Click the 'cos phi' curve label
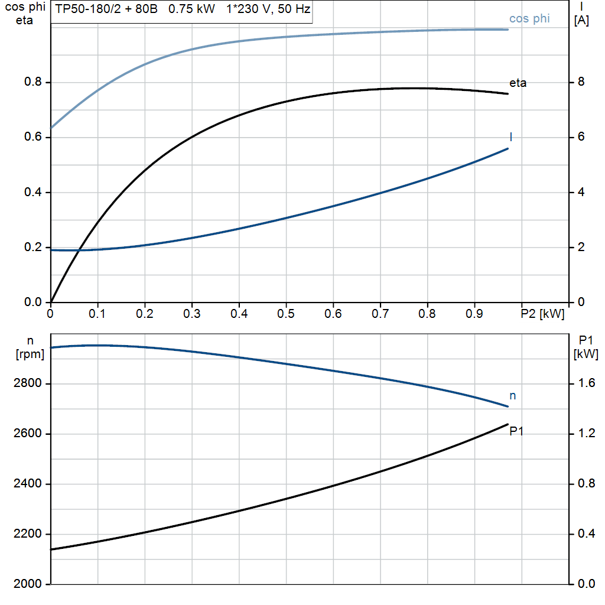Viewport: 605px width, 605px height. click(529, 19)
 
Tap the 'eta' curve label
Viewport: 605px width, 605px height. click(518, 83)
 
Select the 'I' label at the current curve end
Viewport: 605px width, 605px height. click(510, 137)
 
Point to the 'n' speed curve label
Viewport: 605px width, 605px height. click(512, 396)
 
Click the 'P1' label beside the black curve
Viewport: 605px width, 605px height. click(517, 431)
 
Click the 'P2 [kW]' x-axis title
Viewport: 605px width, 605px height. click(542, 314)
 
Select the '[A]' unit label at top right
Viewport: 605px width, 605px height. click(581, 21)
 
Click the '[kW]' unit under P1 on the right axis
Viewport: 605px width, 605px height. click(586, 354)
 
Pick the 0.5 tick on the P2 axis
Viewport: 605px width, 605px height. click(286, 314)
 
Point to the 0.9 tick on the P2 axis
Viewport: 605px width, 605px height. click(474, 314)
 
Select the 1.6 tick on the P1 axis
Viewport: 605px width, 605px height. click(586, 384)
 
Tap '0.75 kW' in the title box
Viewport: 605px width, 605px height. click(192, 9)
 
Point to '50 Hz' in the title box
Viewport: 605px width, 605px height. click(293, 9)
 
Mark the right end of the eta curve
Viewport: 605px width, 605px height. click(508, 94)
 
